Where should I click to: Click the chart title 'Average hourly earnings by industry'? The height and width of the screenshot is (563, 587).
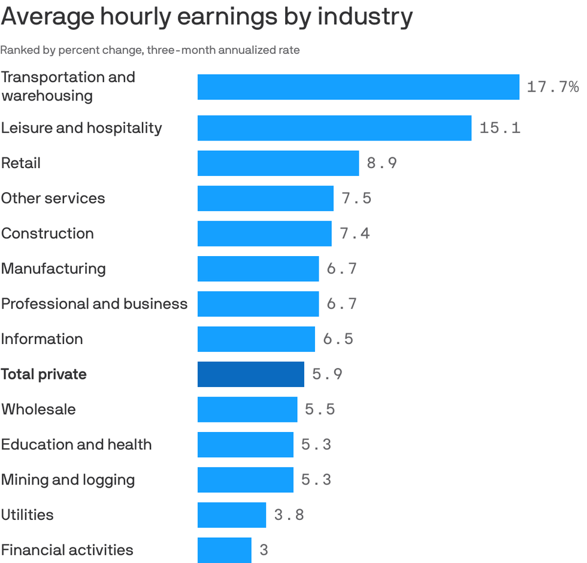207,17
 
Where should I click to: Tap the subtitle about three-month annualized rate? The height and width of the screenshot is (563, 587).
150,50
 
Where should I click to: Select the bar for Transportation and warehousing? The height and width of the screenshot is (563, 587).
358,87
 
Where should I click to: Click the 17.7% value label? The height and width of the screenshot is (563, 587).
552,87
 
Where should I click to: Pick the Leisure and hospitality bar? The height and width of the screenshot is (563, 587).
334,128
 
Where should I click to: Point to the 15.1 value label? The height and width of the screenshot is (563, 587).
500,128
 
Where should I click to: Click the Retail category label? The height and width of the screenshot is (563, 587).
21,163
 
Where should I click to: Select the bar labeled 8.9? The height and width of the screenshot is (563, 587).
278,163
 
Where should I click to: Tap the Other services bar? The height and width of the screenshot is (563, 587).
265,198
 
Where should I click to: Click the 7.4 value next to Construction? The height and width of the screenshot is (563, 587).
355,233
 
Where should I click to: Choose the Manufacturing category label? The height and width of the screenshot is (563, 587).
53,269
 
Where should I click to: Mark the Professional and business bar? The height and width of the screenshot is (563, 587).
258,304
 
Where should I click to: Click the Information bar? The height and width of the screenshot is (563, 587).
256,339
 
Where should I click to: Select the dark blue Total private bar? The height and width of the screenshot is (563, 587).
251,375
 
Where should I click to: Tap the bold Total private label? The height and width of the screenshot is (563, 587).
44,375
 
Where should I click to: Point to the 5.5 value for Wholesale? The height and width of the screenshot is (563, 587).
320,410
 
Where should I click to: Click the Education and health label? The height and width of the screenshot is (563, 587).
76,445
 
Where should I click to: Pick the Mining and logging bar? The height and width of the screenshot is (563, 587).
246,480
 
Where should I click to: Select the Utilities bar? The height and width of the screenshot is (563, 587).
232,515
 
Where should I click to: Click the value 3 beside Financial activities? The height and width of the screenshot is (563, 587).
264,550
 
